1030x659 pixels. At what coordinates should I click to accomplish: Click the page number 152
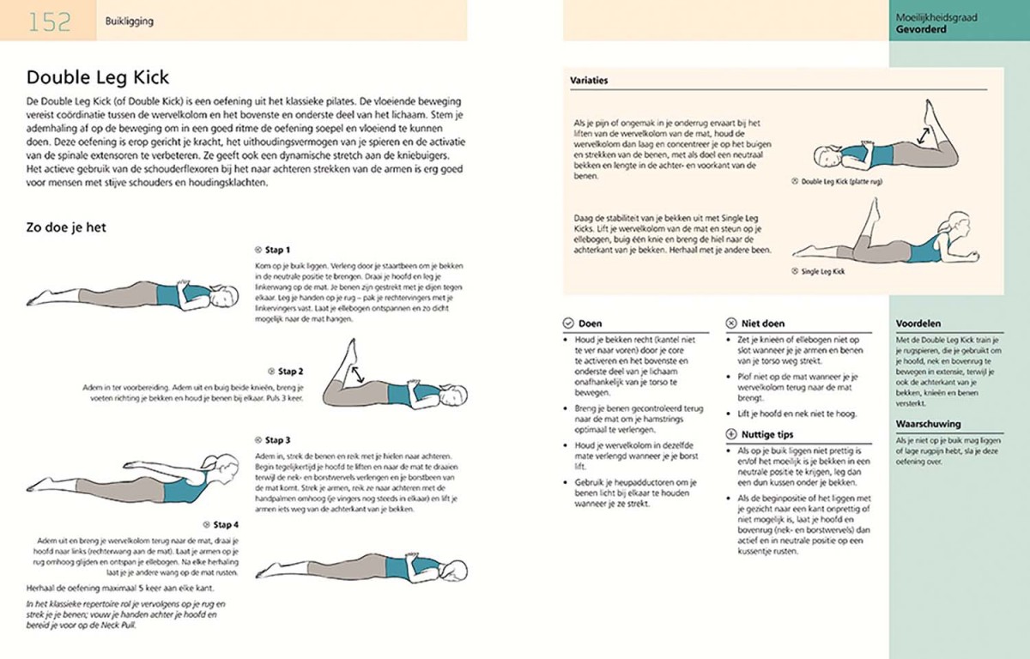tap(49, 21)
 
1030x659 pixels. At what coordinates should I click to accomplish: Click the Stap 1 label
tap(277, 251)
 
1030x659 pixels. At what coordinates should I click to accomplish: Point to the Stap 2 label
tap(290, 372)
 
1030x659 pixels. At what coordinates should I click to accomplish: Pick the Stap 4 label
tap(226, 524)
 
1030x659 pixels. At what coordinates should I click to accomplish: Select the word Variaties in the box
tap(589, 81)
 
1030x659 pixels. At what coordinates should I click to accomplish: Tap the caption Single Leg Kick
tap(822, 271)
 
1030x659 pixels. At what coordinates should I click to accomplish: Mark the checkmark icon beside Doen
tap(567, 324)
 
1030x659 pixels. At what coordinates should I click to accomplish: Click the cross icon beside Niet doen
tap(731, 324)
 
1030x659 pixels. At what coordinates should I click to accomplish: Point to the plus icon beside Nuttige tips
tap(731, 436)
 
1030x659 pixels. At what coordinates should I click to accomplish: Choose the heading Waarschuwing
tap(928, 424)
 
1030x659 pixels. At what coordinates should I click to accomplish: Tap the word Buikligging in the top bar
tap(129, 21)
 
